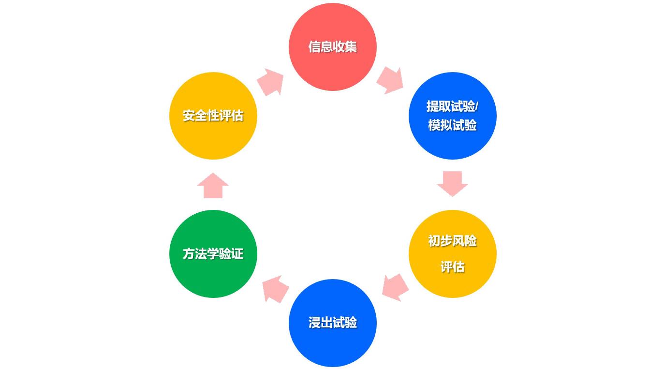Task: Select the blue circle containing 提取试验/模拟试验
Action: pos(452,143)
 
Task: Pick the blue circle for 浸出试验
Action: pos(332,346)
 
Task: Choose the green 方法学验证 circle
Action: pos(213,278)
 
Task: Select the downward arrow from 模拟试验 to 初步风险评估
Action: pos(452,183)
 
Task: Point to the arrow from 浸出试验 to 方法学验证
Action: pos(275,289)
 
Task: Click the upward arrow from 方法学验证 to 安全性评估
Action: pos(213,186)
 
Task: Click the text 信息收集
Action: pos(332,47)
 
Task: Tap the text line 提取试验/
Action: pos(452,106)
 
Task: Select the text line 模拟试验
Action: pos(452,125)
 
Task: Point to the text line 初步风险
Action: pos(452,241)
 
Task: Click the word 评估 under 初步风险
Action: pos(452,267)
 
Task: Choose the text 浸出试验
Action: pos(332,323)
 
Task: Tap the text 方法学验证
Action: pos(213,254)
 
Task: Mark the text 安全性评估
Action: pos(213,116)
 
